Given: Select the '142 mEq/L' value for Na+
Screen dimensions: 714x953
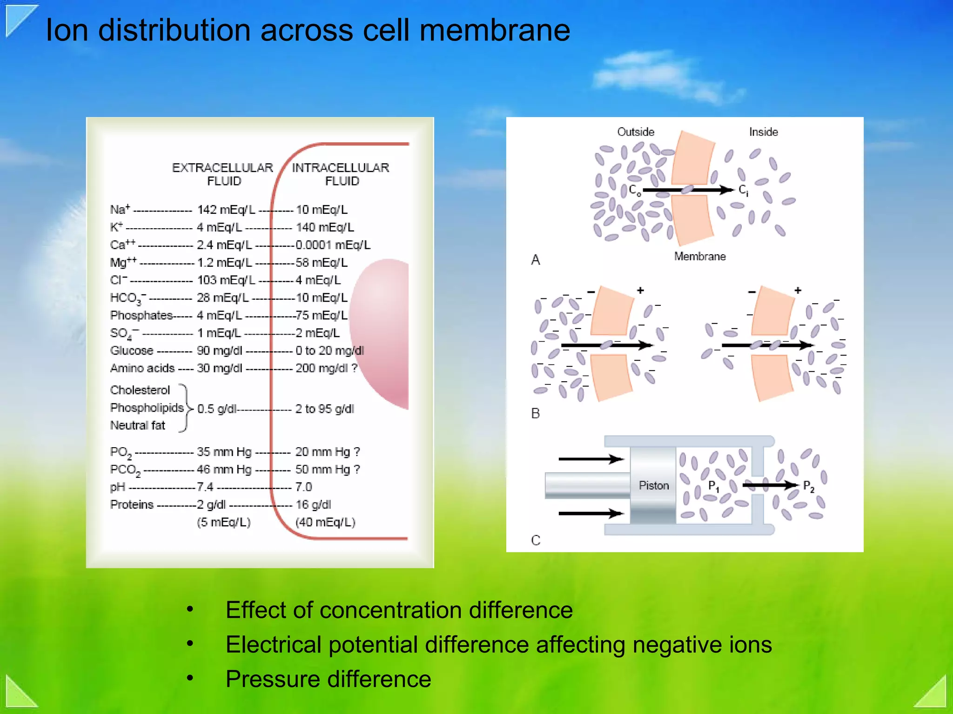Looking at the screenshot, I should [x=226, y=210].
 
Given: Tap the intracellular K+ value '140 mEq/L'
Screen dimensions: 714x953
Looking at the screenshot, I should [x=325, y=227].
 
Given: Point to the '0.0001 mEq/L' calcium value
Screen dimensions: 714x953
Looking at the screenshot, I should [x=333, y=245].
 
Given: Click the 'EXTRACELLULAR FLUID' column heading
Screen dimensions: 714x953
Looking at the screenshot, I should [x=223, y=174].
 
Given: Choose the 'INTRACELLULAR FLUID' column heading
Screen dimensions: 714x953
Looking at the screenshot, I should [x=341, y=174].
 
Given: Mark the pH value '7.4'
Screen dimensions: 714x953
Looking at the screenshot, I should [x=205, y=487].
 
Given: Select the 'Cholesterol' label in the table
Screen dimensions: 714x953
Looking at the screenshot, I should [x=140, y=390].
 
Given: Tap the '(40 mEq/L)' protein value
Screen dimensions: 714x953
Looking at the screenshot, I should [x=325, y=522].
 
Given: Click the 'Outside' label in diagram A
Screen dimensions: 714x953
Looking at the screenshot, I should [x=636, y=132].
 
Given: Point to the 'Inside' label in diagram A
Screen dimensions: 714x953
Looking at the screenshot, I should [x=764, y=132].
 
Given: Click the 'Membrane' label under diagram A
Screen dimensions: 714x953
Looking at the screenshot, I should [x=700, y=256].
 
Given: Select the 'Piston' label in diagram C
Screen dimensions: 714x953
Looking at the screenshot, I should [x=654, y=485].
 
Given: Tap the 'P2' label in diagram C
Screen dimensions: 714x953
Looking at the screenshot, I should [x=809, y=486].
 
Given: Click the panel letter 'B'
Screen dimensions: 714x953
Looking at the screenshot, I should [x=536, y=413].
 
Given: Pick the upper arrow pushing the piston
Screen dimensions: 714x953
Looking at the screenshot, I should [x=591, y=459].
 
